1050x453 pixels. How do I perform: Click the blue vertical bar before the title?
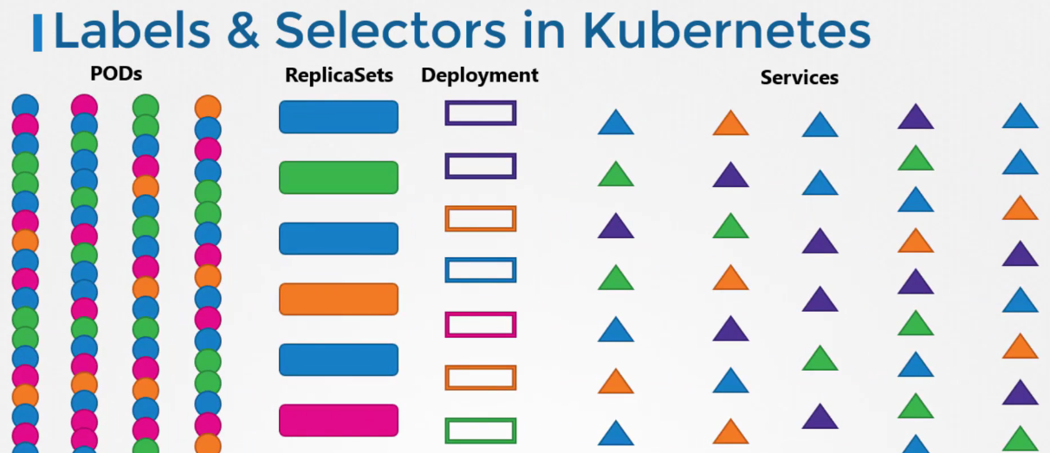click(37, 33)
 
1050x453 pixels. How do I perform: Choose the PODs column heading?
click(116, 74)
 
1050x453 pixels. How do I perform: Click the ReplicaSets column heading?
click(339, 76)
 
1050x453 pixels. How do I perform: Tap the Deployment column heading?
click(479, 76)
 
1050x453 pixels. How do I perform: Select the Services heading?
click(799, 78)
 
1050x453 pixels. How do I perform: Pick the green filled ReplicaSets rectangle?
click(338, 178)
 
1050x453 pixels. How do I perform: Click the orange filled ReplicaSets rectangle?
click(338, 299)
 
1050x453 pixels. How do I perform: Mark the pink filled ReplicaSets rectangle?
click(338, 420)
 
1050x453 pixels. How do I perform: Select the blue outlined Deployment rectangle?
click(480, 270)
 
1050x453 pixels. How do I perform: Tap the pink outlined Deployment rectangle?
click(480, 325)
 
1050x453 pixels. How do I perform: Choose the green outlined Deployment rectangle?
click(480, 430)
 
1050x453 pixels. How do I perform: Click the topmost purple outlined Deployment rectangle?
click(480, 113)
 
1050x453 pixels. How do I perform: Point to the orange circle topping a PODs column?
click(208, 108)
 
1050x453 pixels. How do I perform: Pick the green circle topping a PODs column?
click(146, 107)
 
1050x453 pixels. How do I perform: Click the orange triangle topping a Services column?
click(730, 124)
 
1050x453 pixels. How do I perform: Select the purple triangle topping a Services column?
click(915, 117)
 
